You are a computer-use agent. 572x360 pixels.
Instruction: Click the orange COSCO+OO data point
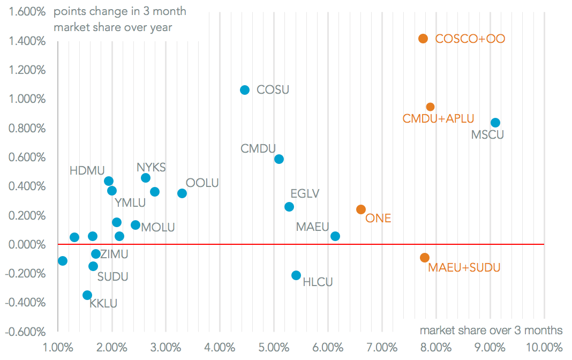click(x=423, y=39)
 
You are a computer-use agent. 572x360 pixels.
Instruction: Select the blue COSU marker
click(x=245, y=90)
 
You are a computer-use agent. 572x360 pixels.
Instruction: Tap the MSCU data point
click(x=495, y=123)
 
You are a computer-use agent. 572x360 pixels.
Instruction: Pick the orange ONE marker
click(x=361, y=209)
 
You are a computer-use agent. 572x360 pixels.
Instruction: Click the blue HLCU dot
click(x=296, y=275)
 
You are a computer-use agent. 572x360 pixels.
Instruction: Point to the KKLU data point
click(x=87, y=295)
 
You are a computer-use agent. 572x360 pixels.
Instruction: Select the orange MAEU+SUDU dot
click(x=425, y=258)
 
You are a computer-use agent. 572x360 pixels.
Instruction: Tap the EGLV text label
click(x=305, y=193)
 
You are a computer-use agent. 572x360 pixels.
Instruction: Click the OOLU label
click(x=202, y=183)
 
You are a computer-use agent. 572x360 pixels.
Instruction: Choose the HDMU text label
click(x=87, y=171)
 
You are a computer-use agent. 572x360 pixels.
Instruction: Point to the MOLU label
click(x=158, y=227)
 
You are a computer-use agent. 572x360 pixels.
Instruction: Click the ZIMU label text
click(x=114, y=254)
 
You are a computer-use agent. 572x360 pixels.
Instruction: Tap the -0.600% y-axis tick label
click(x=25, y=332)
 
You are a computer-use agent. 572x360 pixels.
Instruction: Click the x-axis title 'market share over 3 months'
click(x=491, y=329)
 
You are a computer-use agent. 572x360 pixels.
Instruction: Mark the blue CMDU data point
click(x=279, y=159)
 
